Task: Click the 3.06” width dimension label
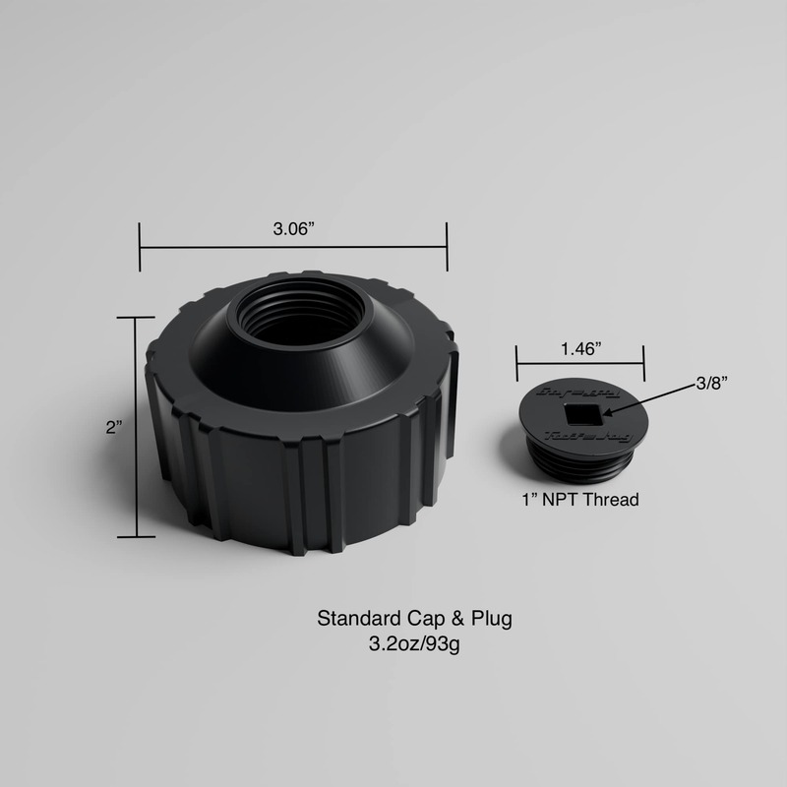point(293,229)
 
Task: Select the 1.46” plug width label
point(580,349)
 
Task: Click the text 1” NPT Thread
point(579,500)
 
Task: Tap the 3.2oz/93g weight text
point(413,645)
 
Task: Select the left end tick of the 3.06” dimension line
point(140,245)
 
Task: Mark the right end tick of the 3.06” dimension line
point(448,245)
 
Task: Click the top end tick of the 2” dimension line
point(137,318)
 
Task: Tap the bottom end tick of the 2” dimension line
point(137,537)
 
